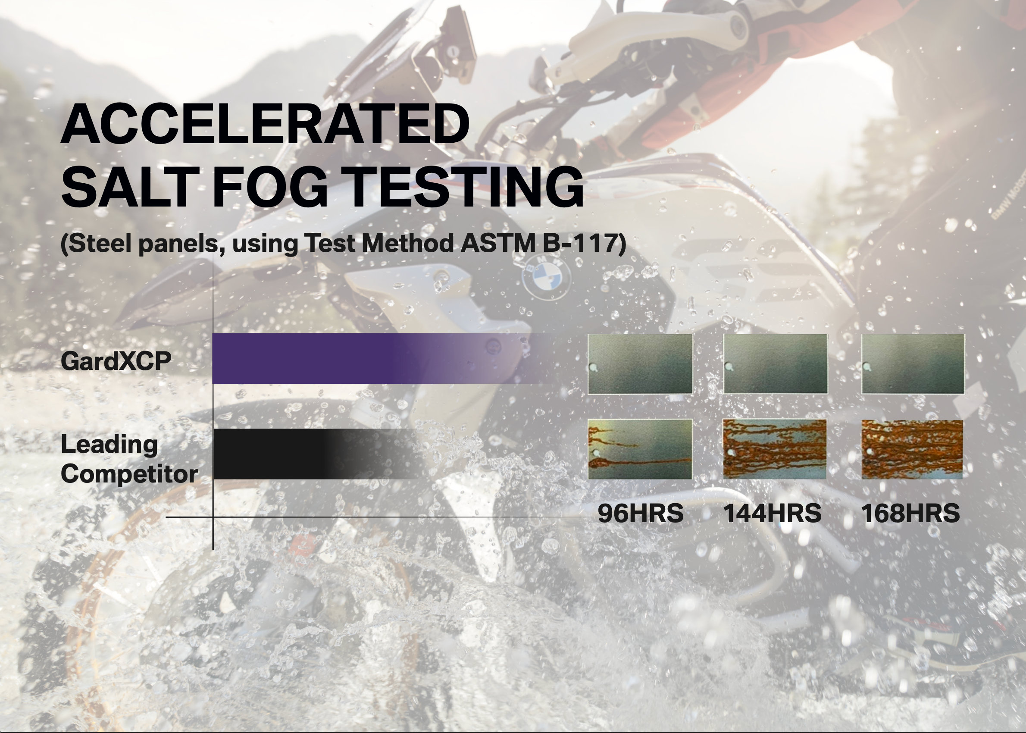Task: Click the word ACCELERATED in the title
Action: point(265,124)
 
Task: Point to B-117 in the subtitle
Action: point(580,243)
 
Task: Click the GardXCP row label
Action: point(116,361)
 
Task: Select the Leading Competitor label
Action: point(129,459)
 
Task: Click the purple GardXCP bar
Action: point(384,358)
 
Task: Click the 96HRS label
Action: point(640,513)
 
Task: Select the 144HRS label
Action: point(773,513)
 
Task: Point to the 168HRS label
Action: point(910,513)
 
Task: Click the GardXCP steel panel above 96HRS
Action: point(640,364)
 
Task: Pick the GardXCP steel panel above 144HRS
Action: point(776,364)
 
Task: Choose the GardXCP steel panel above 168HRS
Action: point(913,364)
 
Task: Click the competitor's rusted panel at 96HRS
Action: point(640,449)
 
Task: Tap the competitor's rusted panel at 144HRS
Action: point(775,449)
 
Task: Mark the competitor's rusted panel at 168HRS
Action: point(912,449)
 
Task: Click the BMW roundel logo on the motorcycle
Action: point(546,276)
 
